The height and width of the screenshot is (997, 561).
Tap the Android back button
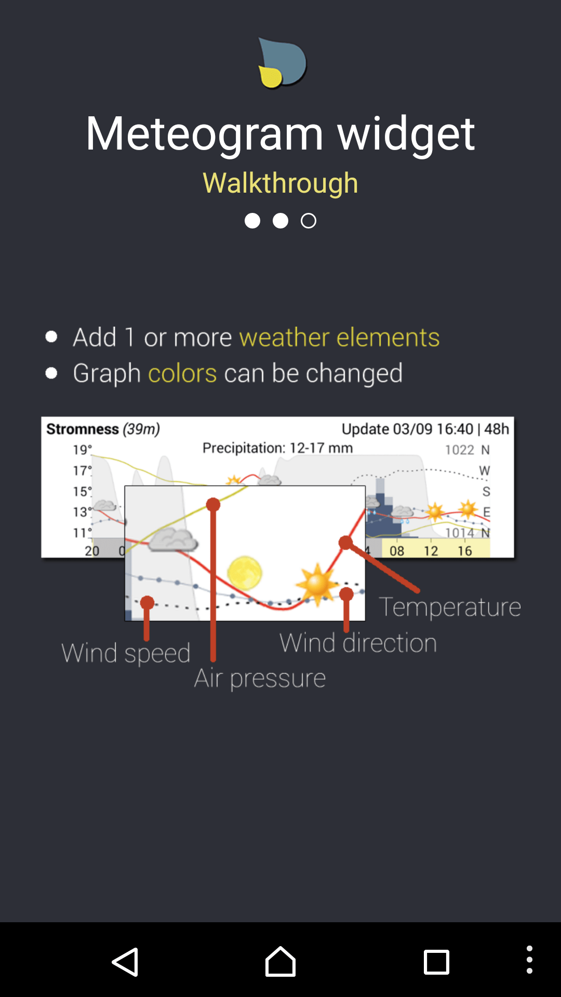click(x=125, y=962)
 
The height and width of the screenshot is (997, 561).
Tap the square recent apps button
click(x=436, y=962)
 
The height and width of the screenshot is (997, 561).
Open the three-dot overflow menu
click(x=529, y=960)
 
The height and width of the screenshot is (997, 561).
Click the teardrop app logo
click(x=282, y=63)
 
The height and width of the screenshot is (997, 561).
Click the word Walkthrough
click(x=280, y=183)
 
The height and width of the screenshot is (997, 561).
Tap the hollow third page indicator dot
click(x=309, y=221)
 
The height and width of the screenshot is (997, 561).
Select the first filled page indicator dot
click(x=252, y=221)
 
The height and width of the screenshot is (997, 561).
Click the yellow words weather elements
click(x=339, y=338)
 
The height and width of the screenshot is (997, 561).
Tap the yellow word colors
click(x=182, y=373)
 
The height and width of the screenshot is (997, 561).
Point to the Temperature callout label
click(x=450, y=607)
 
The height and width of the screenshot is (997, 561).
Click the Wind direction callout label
click(x=358, y=643)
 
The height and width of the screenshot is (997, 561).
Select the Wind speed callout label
click(x=126, y=653)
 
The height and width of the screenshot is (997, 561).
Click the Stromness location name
click(x=83, y=429)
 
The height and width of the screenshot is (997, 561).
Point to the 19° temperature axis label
click(x=82, y=450)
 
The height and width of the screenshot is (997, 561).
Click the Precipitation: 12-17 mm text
click(x=277, y=448)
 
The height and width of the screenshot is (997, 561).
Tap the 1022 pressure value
click(x=460, y=450)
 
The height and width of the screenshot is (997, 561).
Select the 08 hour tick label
click(x=397, y=551)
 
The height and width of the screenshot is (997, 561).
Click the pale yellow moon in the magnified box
click(x=244, y=573)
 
